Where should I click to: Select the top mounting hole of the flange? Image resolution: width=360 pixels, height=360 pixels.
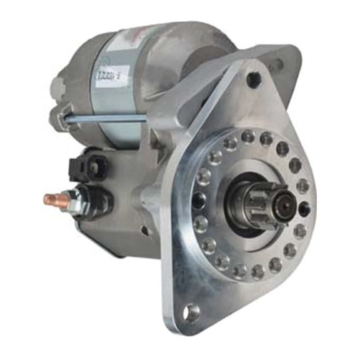(x=253, y=80)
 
